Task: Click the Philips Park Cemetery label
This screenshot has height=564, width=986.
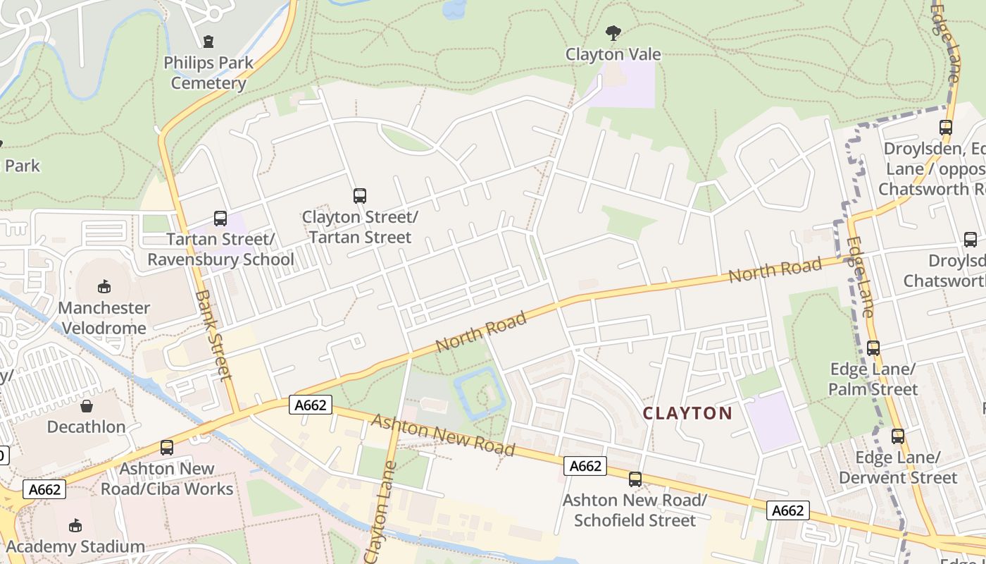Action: click(208, 73)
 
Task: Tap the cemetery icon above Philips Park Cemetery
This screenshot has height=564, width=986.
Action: click(208, 42)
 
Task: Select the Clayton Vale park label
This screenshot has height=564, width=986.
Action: click(613, 54)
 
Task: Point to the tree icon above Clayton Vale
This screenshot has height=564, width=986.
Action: click(613, 32)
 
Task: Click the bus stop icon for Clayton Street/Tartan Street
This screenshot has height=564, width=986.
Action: click(360, 195)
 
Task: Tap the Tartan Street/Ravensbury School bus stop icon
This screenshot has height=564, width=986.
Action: click(220, 219)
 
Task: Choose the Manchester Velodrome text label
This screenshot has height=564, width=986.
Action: click(104, 318)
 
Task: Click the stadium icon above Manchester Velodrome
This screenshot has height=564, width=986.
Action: click(104, 286)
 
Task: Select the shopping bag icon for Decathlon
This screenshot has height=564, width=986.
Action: click(87, 406)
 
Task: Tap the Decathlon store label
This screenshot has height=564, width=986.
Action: click(87, 427)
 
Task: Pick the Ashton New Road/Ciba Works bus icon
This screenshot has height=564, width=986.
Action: click(167, 447)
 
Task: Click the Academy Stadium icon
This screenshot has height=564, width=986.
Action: click(75, 525)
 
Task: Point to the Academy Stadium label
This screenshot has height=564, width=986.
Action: click(75, 546)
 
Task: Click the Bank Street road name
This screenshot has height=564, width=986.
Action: click(213, 335)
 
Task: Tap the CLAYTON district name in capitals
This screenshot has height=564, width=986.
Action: click(687, 413)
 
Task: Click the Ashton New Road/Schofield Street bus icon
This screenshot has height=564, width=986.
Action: click(635, 479)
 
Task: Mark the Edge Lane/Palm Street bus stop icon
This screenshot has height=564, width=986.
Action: click(873, 348)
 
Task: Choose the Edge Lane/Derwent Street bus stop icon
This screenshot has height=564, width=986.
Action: click(897, 436)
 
